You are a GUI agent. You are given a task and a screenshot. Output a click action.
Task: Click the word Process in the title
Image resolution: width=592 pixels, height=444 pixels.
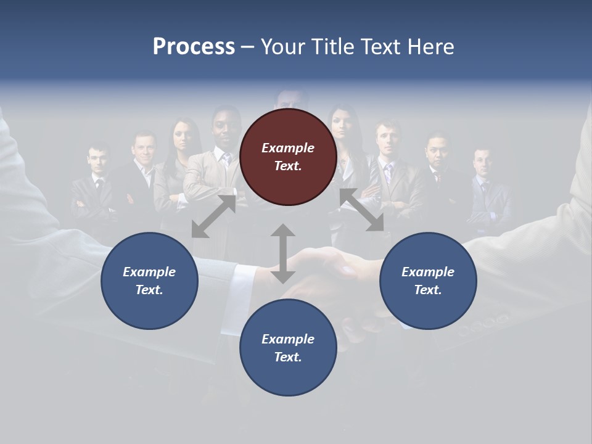tap(194, 47)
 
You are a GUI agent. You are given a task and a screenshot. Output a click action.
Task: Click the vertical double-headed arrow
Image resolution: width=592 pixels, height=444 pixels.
tap(283, 253)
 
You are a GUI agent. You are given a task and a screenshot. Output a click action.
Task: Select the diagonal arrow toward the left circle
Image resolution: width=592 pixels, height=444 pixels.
tap(213, 216)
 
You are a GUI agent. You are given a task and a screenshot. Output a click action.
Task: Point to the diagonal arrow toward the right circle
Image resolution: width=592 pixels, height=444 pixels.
tap(362, 210)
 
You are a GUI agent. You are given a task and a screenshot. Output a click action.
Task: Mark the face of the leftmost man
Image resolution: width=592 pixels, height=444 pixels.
tap(97, 160)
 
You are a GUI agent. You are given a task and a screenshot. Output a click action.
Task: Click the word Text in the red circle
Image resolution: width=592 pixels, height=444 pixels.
tap(287, 166)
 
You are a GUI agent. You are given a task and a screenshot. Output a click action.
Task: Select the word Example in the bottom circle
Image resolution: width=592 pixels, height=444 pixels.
tap(288, 339)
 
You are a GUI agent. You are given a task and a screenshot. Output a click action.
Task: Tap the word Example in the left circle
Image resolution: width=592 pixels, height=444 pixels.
tap(149, 271)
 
